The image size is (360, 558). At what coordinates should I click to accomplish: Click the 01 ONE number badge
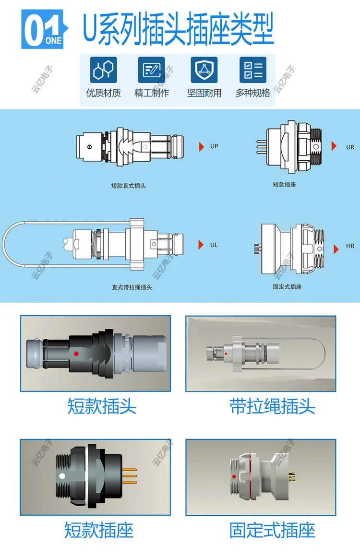(x=44, y=29)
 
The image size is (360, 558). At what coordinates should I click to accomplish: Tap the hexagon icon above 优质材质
(x=103, y=70)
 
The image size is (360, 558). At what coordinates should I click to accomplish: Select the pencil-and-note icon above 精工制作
(x=151, y=70)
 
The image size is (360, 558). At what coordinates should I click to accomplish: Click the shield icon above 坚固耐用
(x=204, y=70)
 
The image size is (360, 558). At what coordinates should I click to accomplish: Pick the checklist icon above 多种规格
(x=253, y=70)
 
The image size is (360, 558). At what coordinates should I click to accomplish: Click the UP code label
(x=214, y=146)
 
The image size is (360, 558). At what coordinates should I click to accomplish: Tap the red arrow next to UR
(x=334, y=146)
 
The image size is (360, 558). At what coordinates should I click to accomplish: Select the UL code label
(x=214, y=245)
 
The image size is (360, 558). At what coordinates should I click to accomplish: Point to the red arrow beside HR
(x=336, y=249)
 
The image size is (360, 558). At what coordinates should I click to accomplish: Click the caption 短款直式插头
(x=128, y=185)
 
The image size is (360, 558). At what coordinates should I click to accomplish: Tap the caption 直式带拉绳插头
(x=132, y=287)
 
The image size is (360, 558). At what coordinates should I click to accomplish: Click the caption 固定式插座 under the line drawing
(x=287, y=286)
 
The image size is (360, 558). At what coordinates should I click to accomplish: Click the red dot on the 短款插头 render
(x=76, y=354)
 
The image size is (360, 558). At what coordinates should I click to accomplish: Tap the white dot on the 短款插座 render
(x=62, y=476)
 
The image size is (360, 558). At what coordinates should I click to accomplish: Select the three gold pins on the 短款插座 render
(x=129, y=476)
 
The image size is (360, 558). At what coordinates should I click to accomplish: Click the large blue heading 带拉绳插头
(x=273, y=406)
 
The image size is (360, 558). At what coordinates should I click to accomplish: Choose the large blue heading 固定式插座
(x=273, y=530)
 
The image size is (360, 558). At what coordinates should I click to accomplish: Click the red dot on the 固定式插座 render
(x=234, y=476)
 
